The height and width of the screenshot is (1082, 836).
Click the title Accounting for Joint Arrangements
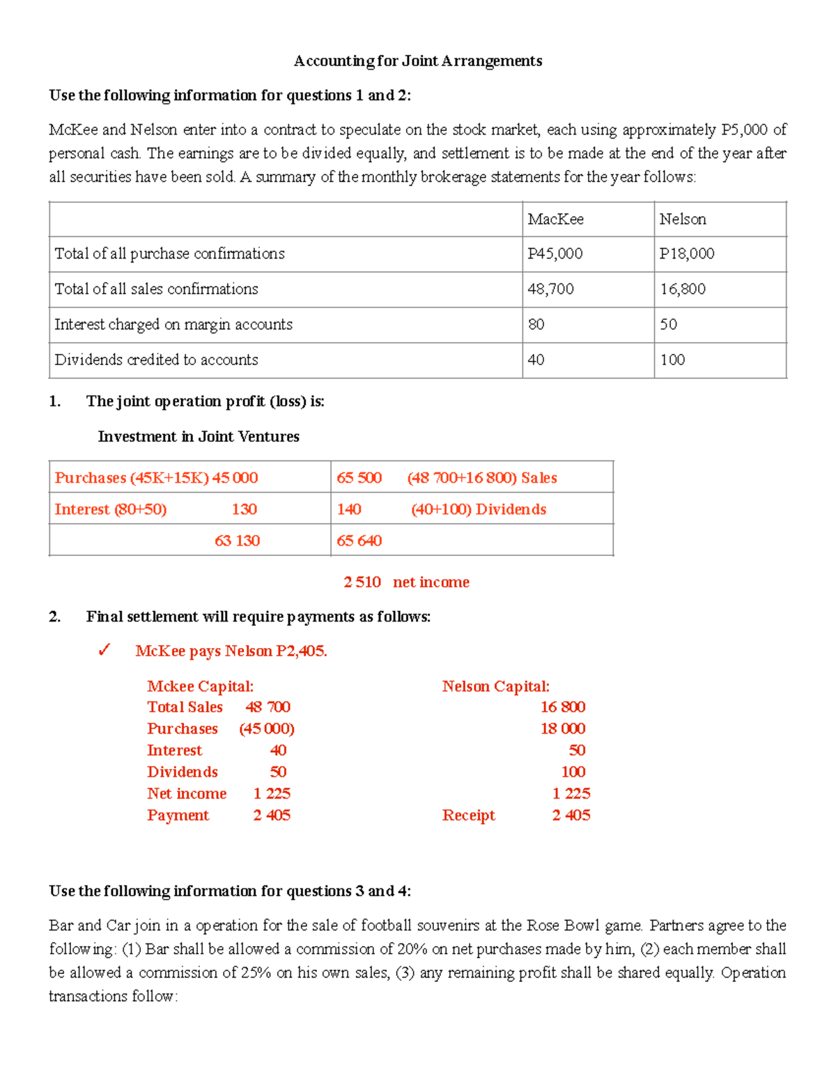[417, 61]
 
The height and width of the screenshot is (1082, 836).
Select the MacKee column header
[555, 219]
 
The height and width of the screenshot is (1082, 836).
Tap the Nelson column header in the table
[682, 219]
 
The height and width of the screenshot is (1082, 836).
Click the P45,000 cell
[555, 254]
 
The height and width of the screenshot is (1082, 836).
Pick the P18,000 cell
[686, 254]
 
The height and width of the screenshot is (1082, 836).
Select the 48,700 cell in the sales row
[550, 289]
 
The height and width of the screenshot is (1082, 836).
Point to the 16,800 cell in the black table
[682, 289]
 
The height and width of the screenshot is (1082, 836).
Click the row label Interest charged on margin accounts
[173, 325]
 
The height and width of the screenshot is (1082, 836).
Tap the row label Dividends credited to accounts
[156, 360]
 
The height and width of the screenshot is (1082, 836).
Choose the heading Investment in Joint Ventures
[199, 437]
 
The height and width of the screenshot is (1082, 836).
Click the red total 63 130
[237, 541]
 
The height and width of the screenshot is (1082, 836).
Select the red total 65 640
[359, 541]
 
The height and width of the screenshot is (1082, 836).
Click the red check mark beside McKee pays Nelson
[104, 651]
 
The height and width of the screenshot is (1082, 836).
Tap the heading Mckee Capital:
[200, 686]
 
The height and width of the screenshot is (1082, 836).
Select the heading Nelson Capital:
[495, 686]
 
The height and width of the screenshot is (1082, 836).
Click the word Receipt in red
[468, 815]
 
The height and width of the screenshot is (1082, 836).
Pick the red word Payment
[178, 815]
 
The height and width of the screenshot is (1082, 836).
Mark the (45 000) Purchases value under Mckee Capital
[267, 729]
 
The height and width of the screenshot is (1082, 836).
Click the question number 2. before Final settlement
[54, 617]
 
